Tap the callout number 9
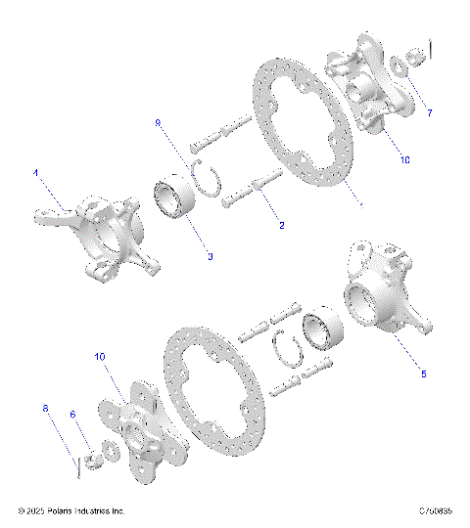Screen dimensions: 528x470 point(159,122)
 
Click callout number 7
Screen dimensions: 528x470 point(428,113)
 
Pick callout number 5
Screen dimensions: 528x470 point(423,373)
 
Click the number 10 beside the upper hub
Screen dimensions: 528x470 point(404,161)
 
